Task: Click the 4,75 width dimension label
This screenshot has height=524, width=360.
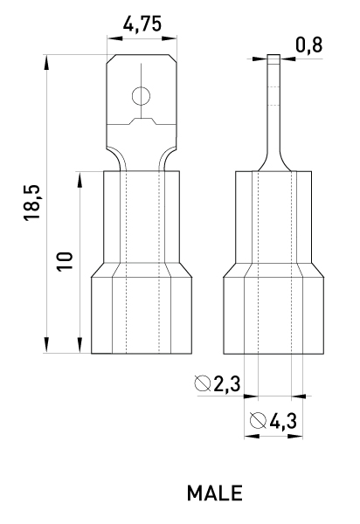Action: click(x=142, y=24)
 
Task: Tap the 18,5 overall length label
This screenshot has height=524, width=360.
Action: click(x=32, y=203)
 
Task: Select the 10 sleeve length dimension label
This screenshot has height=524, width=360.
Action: click(x=65, y=261)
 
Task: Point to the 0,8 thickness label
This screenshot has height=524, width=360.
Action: click(x=309, y=45)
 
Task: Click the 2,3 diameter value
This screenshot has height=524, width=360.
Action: click(x=227, y=383)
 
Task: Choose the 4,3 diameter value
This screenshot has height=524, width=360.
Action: click(x=283, y=421)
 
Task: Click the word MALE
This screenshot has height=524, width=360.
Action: click(x=215, y=493)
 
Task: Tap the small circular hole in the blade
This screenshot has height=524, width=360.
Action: click(x=141, y=96)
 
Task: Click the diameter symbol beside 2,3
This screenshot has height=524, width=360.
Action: click(x=203, y=383)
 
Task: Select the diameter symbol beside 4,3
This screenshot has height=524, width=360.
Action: click(x=258, y=421)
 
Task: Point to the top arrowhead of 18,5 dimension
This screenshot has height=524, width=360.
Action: click(x=46, y=63)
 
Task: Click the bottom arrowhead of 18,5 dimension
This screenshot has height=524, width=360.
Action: click(x=46, y=345)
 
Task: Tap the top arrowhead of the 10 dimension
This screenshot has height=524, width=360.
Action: click(x=80, y=179)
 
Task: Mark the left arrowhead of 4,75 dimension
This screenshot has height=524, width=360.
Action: click(x=115, y=38)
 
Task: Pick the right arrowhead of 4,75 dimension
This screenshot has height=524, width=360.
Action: click(x=170, y=38)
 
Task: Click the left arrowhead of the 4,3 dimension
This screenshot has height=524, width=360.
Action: click(x=252, y=436)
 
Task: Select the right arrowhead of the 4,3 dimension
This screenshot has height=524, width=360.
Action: click(x=295, y=436)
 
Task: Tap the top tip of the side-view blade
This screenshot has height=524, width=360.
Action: click(x=273, y=55)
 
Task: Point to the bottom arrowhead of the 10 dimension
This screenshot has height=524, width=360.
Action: click(x=80, y=345)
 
